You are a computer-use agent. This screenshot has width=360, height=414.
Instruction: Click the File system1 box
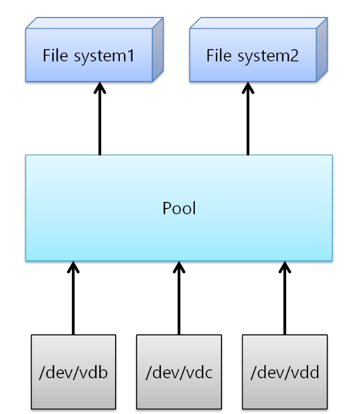click(x=94, y=50)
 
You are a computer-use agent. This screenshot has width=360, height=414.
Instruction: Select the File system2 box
click(x=258, y=50)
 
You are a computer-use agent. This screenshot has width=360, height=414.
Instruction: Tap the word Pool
click(x=179, y=208)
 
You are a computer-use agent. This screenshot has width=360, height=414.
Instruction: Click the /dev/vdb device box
click(x=73, y=372)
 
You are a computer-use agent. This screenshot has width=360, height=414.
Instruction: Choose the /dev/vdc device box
click(x=179, y=372)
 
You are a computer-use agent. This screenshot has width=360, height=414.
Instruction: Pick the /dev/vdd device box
click(x=284, y=372)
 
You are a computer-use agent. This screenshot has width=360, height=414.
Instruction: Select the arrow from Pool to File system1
click(x=100, y=118)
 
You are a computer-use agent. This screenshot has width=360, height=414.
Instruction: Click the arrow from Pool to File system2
click(x=248, y=118)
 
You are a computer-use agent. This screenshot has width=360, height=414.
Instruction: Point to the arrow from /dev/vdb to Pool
click(x=73, y=298)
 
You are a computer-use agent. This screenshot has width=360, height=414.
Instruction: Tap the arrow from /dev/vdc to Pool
click(x=179, y=298)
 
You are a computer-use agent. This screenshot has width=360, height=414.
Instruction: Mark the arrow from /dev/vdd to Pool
click(x=284, y=298)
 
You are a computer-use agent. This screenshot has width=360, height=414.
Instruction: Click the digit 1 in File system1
click(x=130, y=56)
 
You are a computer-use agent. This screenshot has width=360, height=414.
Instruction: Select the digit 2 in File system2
click(x=294, y=56)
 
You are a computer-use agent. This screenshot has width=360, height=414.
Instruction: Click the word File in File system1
click(x=55, y=55)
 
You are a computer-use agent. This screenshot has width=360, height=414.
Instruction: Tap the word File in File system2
click(x=219, y=55)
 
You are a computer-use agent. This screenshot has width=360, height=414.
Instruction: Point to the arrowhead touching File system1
click(x=100, y=88)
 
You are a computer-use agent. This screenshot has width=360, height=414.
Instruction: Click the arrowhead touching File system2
click(x=248, y=88)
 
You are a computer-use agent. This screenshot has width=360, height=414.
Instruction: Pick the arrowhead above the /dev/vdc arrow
click(x=179, y=267)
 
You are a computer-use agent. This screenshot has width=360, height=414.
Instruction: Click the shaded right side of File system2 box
click(x=322, y=50)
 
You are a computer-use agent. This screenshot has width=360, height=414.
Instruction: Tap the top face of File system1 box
click(x=94, y=23)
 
